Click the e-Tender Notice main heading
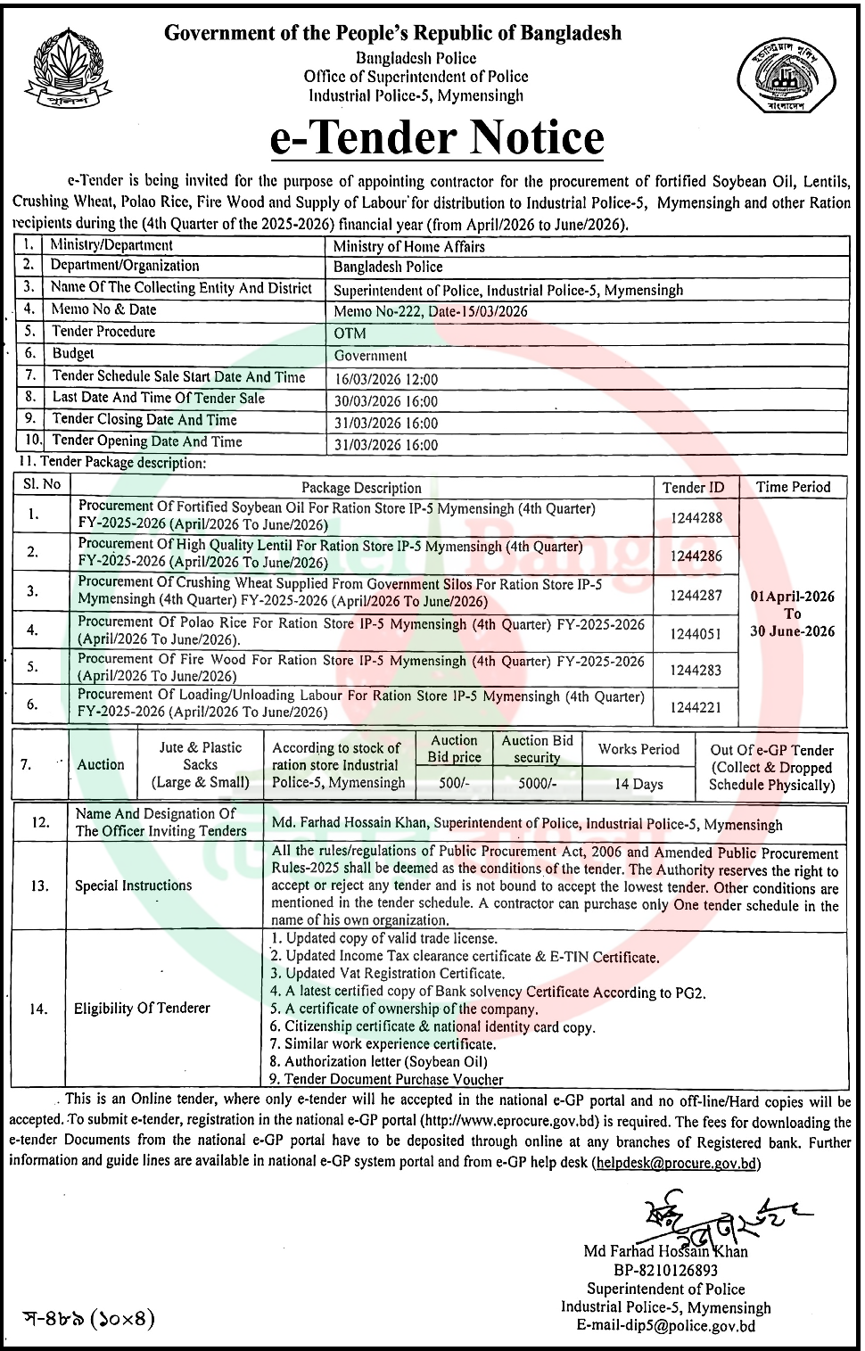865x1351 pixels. (436, 138)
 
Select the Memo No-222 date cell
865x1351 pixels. (431, 311)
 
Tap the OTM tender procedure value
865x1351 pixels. (350, 334)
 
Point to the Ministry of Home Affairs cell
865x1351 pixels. (409, 246)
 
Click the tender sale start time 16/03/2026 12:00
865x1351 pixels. (386, 379)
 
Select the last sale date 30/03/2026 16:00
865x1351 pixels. (386, 401)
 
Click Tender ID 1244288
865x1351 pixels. (697, 518)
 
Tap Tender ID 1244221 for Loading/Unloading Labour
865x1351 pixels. (697, 708)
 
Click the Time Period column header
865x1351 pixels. (793, 487)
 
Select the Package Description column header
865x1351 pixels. (361, 488)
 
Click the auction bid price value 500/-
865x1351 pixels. (455, 783)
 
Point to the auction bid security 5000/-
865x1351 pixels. (537, 783)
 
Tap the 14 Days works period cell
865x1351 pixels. (638, 784)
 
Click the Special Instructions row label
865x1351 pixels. (133, 886)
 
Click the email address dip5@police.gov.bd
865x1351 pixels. (666, 1326)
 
